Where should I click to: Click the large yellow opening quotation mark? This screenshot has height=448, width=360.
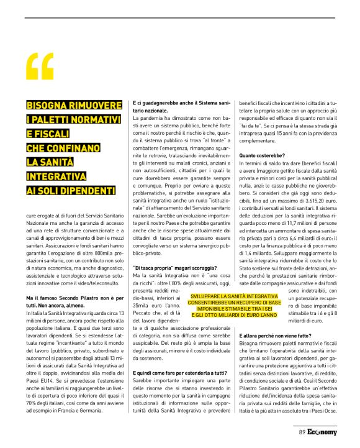(x=40, y=66)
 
